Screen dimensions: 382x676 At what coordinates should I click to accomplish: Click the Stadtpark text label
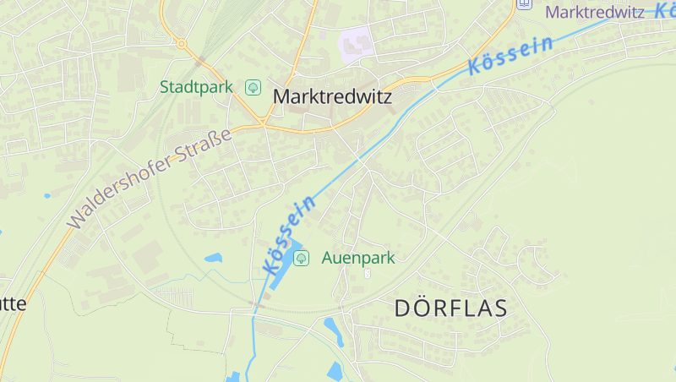tap(196, 87)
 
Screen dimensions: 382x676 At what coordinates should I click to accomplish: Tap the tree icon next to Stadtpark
tap(253, 87)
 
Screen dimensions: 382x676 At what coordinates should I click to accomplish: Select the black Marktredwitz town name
tap(332, 97)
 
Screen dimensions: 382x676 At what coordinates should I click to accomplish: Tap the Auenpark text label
tap(358, 258)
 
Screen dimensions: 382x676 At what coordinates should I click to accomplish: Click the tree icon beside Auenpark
tap(300, 258)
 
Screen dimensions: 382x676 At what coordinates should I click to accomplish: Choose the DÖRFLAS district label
tap(451, 308)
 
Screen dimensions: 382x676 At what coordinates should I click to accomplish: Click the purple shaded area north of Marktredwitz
tap(356, 44)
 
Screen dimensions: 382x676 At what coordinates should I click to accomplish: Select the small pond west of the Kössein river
tap(213, 257)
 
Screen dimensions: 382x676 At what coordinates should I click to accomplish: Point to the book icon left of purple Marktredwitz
tap(525, 4)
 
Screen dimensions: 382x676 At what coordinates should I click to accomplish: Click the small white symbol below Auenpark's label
tap(367, 273)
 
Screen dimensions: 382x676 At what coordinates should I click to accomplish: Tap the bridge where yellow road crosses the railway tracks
tap(200, 61)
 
